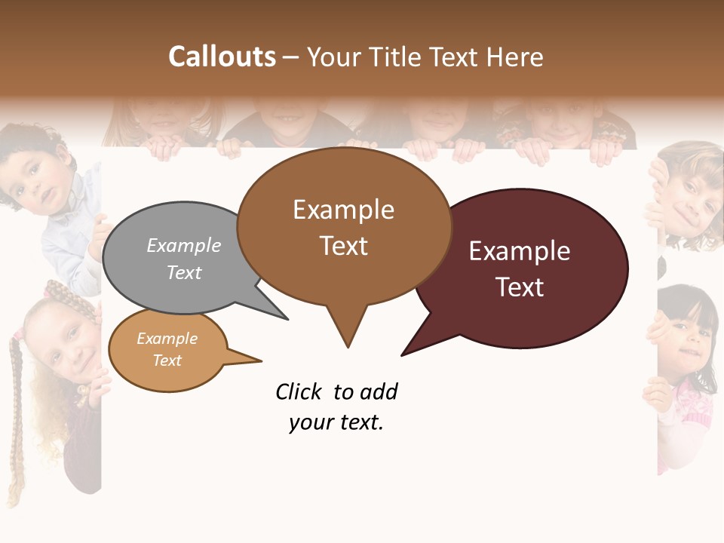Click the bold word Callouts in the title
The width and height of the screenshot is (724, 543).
[x=222, y=57]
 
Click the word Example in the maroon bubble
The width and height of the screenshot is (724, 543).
[x=520, y=251]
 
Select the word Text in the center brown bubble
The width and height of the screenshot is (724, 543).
[x=344, y=246]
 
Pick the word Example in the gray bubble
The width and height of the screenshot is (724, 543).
[x=184, y=246]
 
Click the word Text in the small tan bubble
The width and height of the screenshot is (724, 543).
[x=167, y=360]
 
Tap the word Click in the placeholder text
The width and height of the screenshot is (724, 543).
[x=299, y=392]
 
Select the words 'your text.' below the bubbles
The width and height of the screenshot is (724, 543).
[x=336, y=423]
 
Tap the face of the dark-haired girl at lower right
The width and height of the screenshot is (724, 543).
[x=690, y=336]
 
